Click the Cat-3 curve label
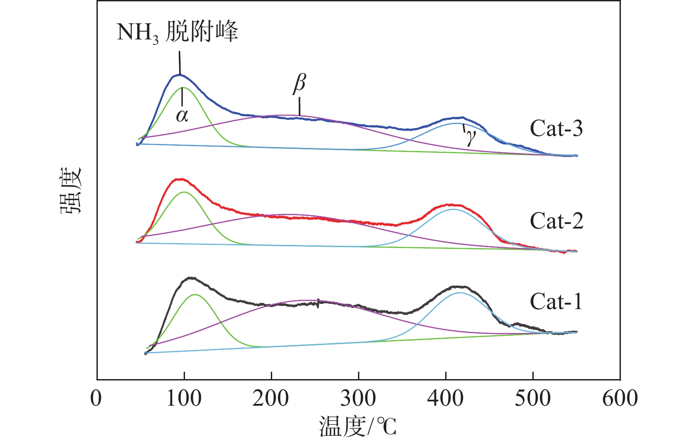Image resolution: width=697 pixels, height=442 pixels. click(556, 128)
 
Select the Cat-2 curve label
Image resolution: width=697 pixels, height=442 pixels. click(556, 221)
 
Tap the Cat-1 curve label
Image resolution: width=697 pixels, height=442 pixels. click(556, 302)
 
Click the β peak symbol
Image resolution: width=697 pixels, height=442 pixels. click(300, 83)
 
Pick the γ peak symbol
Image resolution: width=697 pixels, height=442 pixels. click(470, 138)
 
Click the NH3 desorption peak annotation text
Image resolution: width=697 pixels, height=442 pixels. click(177, 33)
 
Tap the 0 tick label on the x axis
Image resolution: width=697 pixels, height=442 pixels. click(96, 398)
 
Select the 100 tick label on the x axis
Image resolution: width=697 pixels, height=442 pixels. click(184, 398)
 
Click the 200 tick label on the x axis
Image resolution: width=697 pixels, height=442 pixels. click(271, 398)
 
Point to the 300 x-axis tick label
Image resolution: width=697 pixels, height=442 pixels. click(358, 398)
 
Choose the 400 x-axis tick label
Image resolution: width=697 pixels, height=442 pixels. click(445, 398)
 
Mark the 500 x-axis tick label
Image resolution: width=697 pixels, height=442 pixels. click(532, 398)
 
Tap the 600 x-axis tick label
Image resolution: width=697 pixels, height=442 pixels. click(620, 398)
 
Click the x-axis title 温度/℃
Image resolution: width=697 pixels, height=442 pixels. click(358, 426)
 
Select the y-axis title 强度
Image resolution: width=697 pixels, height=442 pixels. click(71, 190)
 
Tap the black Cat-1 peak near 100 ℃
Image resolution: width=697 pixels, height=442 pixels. click(191, 278)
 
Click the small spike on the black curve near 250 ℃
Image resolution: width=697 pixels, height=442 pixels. click(318, 303)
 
